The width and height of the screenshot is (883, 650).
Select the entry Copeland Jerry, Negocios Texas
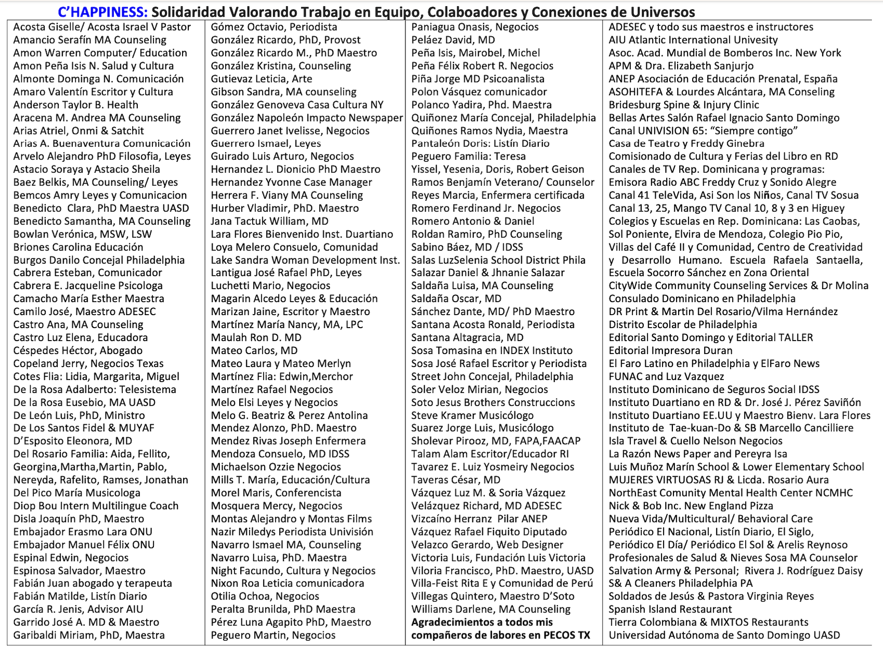88,363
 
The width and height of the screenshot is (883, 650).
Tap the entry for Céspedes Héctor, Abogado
78,350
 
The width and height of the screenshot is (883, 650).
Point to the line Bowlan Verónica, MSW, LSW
83,234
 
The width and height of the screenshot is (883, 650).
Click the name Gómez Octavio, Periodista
274,27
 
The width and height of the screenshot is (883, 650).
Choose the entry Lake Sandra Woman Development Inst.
305,260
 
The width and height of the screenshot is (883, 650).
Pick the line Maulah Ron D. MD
256,337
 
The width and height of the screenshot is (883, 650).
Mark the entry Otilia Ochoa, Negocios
265,596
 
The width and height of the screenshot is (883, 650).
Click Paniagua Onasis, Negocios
475,27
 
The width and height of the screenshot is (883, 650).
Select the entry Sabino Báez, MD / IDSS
467,247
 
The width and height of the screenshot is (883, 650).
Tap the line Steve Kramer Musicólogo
472,415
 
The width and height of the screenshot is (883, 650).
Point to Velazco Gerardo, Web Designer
487,545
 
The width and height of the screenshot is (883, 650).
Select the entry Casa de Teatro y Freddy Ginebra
686,144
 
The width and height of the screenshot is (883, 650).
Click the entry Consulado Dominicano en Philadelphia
702,299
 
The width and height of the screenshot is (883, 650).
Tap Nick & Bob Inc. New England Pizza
691,506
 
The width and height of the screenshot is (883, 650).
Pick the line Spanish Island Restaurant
670,609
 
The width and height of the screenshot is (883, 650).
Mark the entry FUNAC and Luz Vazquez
666,376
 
